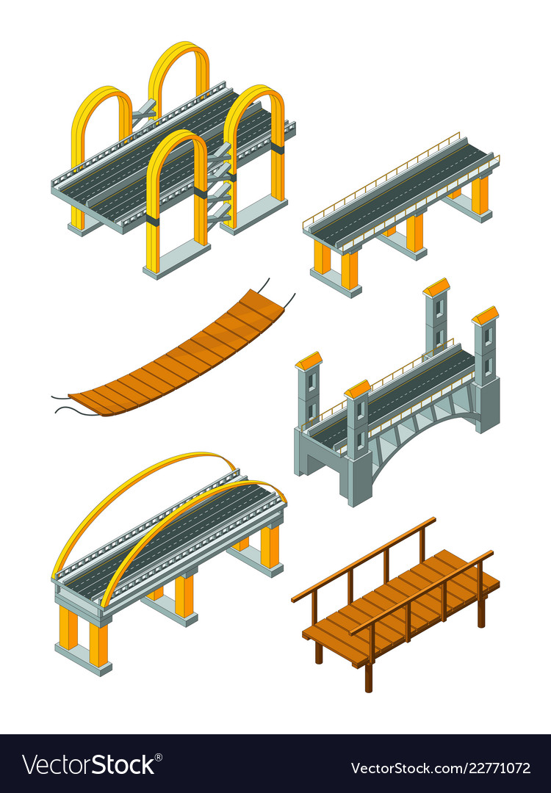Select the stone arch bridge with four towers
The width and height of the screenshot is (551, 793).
click(x=397, y=411)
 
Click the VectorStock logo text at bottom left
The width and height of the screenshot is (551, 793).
click(x=89, y=765)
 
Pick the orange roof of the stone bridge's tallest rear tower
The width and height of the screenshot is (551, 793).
click(x=436, y=287)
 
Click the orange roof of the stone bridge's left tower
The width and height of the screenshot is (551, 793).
click(x=309, y=361)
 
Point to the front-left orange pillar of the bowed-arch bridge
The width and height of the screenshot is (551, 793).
click(x=68, y=628)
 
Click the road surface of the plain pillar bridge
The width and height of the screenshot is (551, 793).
click(x=400, y=191)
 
